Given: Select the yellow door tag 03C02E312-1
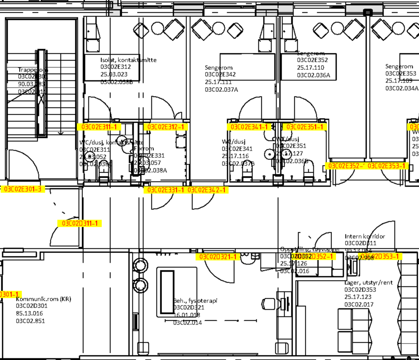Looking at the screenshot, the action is (165, 127).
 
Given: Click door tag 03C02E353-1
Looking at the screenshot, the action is (388, 166).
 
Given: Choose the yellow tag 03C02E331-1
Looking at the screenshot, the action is (165, 190).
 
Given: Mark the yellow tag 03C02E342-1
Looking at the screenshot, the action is (208, 190).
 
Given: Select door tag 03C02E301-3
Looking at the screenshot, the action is (23, 189).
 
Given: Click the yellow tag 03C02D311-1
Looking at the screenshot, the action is (80, 223).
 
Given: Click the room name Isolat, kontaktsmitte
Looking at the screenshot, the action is (128, 60).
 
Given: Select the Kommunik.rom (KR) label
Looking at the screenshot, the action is (44, 299).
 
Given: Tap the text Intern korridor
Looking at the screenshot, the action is (365, 236).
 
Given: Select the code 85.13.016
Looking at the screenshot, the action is (30, 313).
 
